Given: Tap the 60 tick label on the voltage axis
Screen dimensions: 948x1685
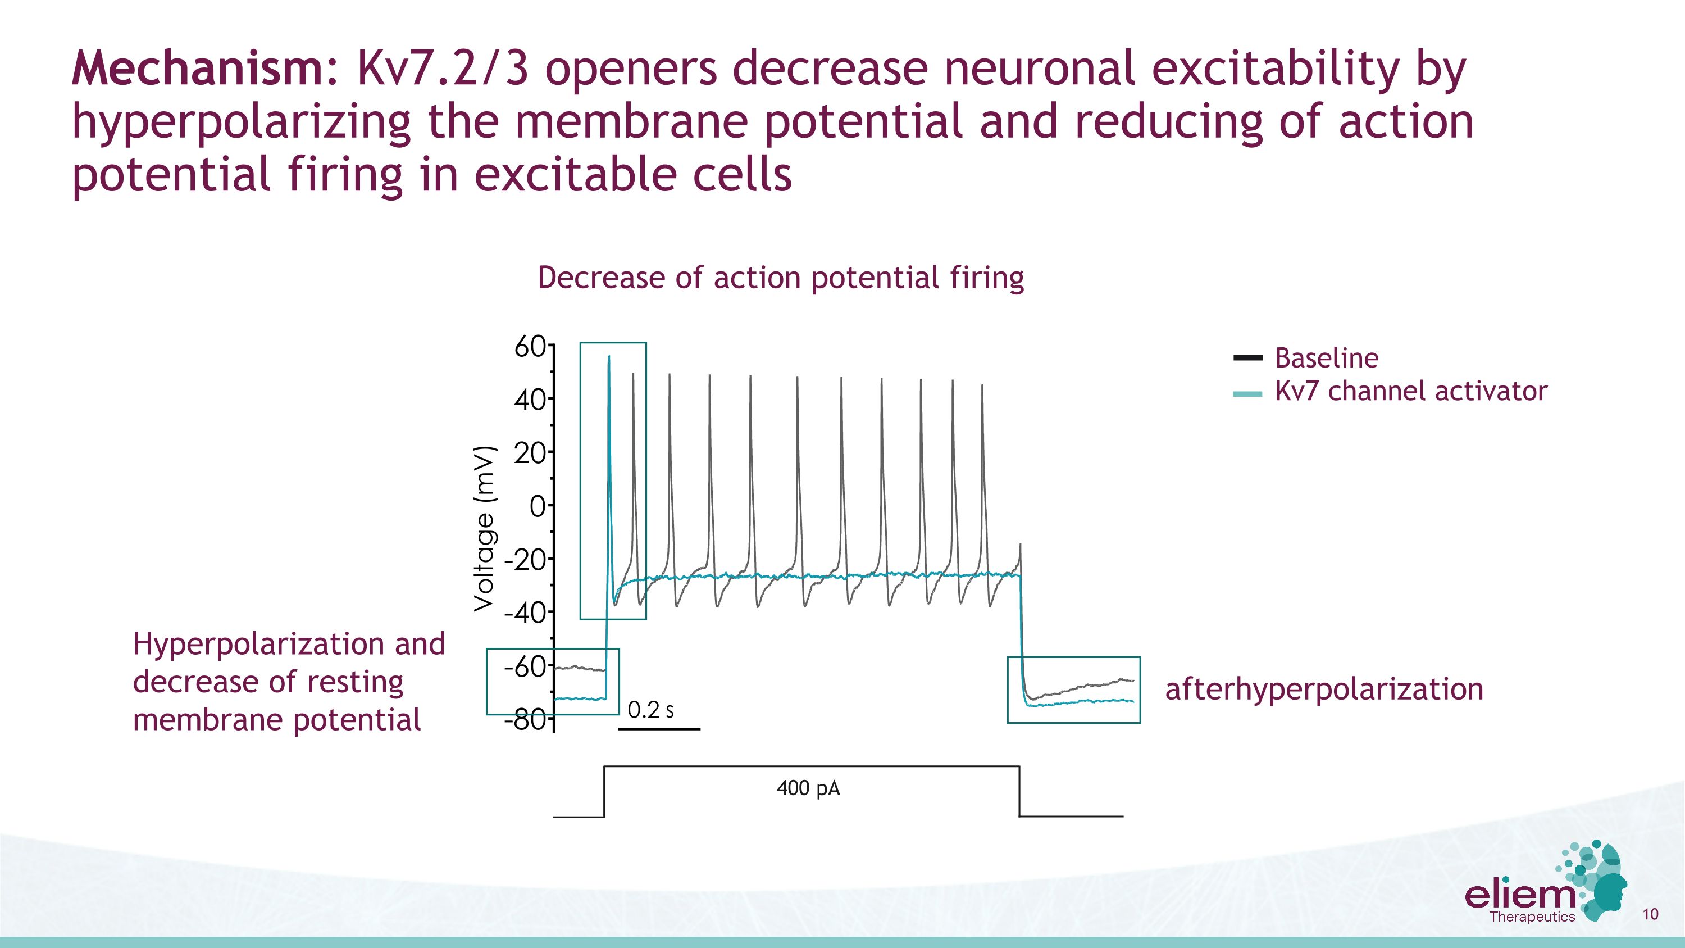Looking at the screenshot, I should coord(529,347).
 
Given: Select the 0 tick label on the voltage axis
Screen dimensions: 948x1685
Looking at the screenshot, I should coord(537,506).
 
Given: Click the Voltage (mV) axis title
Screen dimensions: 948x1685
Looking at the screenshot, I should coord(485,529).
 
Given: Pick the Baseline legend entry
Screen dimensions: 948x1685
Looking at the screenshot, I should coord(1326,358).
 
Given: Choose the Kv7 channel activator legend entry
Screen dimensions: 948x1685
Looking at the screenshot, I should coord(1410,391).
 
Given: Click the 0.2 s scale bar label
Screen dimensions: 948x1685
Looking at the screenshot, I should coord(650,710).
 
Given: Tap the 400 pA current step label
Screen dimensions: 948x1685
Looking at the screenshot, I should coord(808,788).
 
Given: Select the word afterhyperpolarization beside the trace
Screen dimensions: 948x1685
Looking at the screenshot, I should coord(1324,690).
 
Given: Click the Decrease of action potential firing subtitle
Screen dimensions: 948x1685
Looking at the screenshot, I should coord(780,278).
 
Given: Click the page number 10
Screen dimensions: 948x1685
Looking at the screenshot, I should coord(1650,914).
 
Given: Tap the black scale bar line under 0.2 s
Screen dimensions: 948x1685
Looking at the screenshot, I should coord(659,728).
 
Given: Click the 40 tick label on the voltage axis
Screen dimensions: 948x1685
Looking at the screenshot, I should coord(529,399).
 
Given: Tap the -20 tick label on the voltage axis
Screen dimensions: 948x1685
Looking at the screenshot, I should coord(525,560).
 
